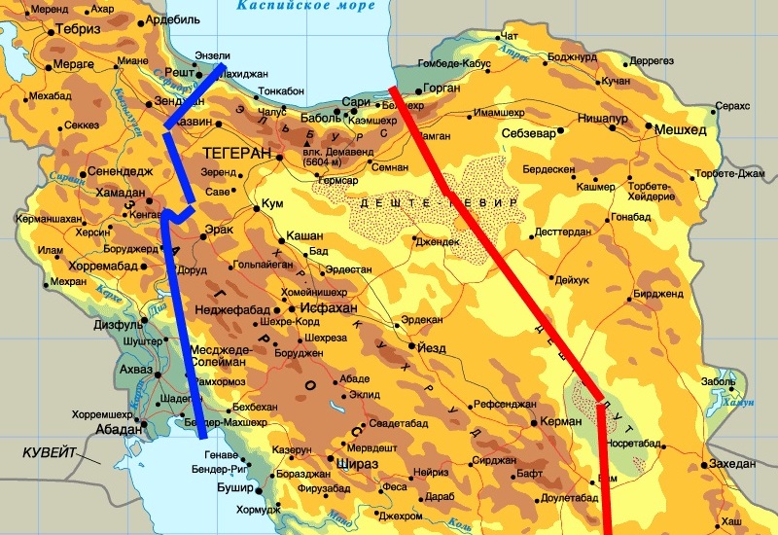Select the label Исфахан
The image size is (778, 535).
pyautogui.click(x=331, y=307)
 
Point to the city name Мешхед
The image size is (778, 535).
pyautogui.click(x=679, y=129)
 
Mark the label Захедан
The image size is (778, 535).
pyautogui.click(x=732, y=464)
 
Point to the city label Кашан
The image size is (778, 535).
pyautogui.click(x=304, y=237)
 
